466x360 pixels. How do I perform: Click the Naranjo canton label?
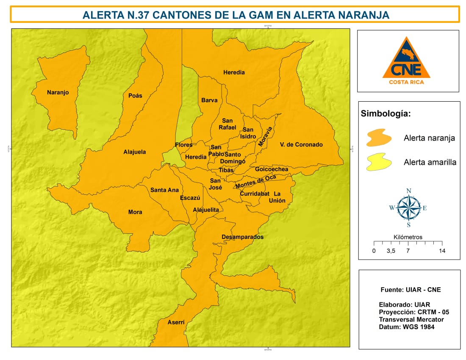[58, 92]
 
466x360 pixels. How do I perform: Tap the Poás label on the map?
[135, 96]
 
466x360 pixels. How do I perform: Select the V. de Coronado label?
[301, 144]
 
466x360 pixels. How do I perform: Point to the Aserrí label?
[176, 322]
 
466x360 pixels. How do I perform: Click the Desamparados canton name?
[242, 237]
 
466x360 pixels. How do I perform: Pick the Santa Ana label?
[164, 190]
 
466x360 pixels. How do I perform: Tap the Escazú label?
[190, 198]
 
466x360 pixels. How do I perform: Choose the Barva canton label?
[209, 100]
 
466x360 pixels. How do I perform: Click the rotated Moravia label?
[265, 137]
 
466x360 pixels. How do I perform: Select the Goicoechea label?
[272, 169]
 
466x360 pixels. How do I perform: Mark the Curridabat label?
[255, 194]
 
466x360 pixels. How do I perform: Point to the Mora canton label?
[135, 212]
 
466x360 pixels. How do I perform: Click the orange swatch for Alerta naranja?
[380, 138]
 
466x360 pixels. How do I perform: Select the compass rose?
[408, 208]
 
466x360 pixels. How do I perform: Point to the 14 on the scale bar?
[442, 251]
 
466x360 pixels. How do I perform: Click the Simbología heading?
[385, 114]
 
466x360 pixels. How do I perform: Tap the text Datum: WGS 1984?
[406, 327]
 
